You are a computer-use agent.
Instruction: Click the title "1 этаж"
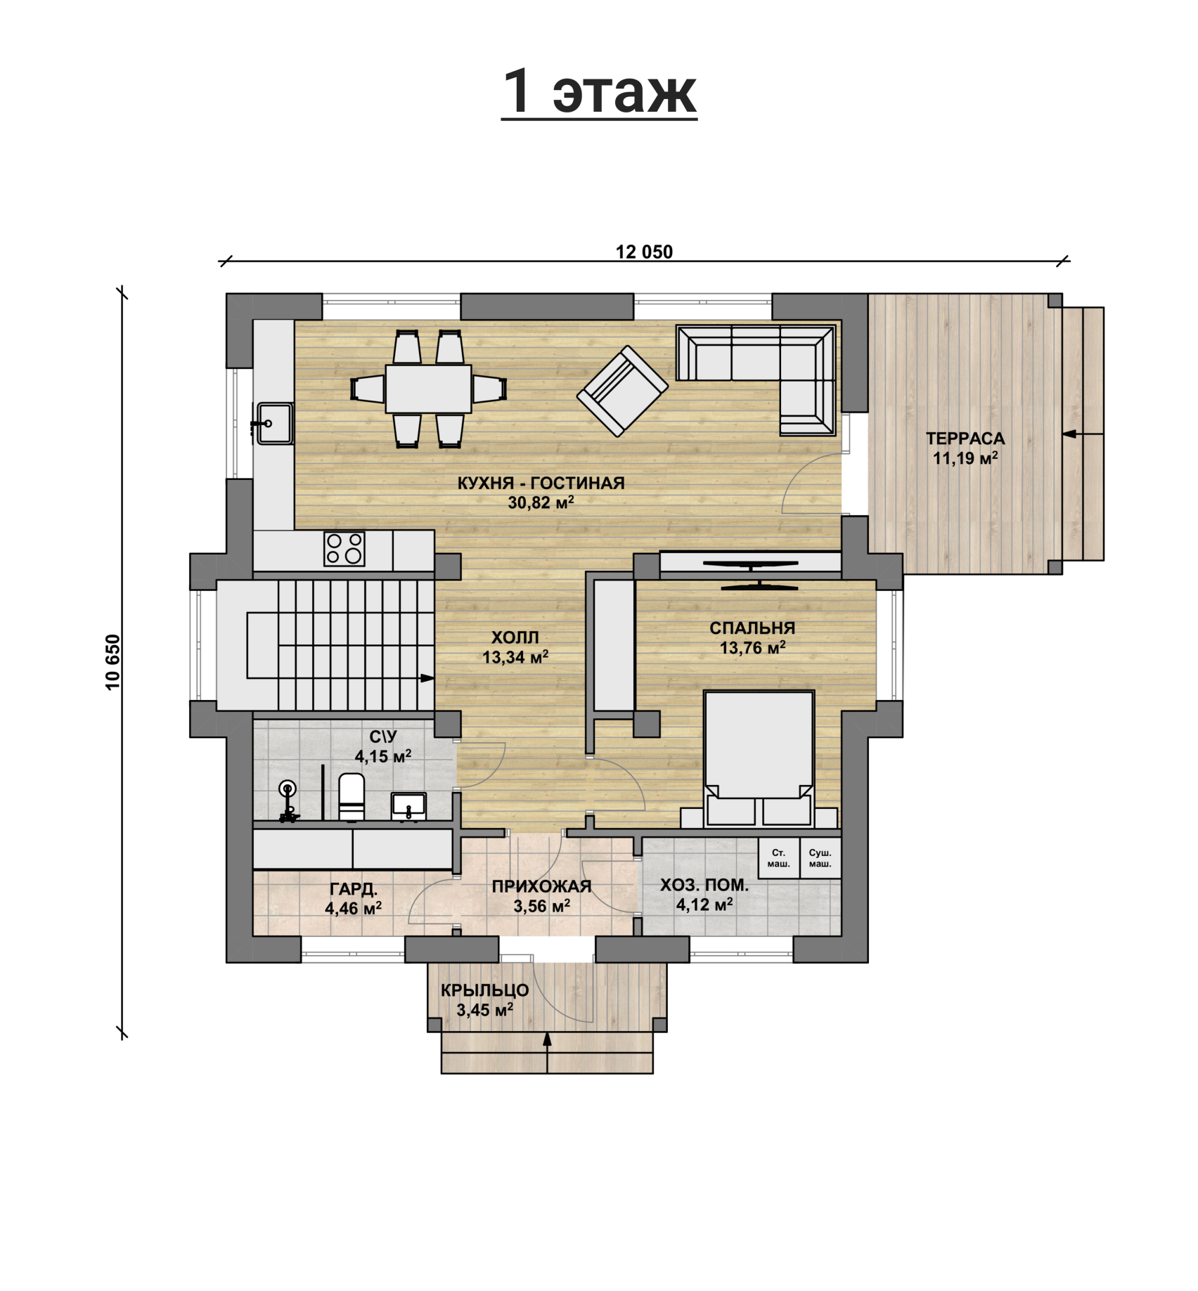click(x=599, y=93)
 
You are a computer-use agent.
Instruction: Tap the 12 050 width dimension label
click(x=644, y=252)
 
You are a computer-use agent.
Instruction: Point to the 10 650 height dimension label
click(x=113, y=662)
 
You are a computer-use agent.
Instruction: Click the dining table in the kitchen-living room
click(x=428, y=389)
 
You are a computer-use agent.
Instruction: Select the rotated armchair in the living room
click(x=622, y=391)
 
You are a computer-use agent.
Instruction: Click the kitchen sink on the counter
click(x=274, y=423)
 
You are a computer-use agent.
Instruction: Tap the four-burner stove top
click(x=344, y=549)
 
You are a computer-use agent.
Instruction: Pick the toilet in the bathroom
click(x=351, y=797)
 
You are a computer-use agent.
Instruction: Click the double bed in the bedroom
click(x=759, y=758)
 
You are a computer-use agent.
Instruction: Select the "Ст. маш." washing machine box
click(x=778, y=858)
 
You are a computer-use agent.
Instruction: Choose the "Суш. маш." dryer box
click(x=820, y=858)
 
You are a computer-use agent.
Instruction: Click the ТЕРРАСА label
click(x=965, y=439)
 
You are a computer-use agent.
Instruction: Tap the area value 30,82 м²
click(x=541, y=502)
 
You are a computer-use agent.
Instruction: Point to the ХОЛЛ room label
click(x=515, y=637)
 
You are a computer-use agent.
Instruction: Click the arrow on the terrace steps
click(x=1083, y=434)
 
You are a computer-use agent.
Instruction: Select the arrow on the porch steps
click(x=547, y=1052)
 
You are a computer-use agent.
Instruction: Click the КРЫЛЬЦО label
click(x=485, y=990)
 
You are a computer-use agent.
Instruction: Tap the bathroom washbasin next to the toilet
click(x=408, y=806)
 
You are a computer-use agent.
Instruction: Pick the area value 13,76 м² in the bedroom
click(x=752, y=647)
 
